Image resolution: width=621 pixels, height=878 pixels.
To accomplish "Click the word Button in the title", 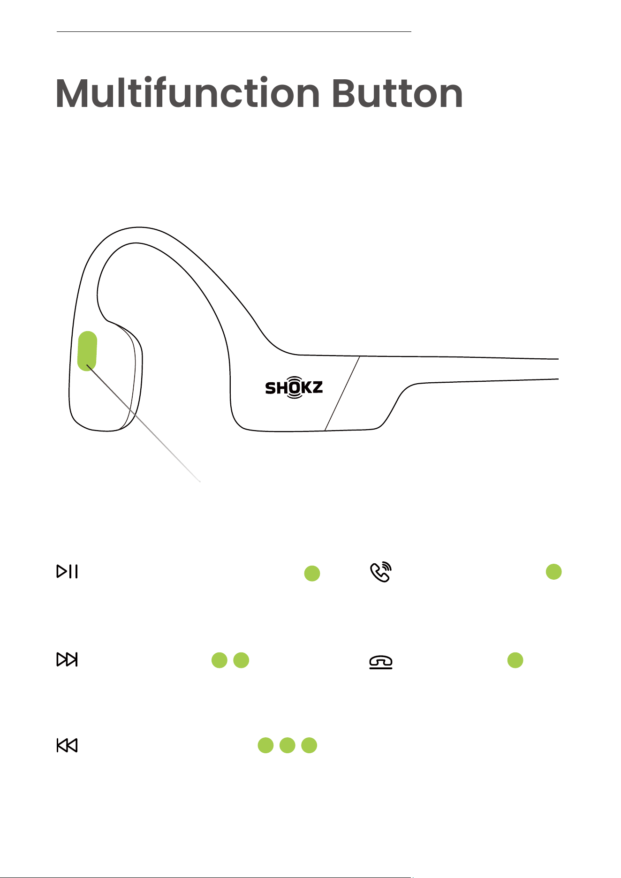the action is pyautogui.click(x=398, y=93).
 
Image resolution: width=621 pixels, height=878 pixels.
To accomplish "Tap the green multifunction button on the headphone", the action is pyautogui.click(x=87, y=351).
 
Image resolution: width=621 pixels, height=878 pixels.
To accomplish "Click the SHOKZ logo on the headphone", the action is pyautogui.click(x=294, y=387).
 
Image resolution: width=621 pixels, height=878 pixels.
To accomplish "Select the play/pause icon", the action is pyautogui.click(x=67, y=571).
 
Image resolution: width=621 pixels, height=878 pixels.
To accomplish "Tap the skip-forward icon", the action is pyautogui.click(x=67, y=659).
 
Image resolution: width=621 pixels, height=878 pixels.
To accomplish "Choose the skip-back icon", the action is pyautogui.click(x=67, y=745).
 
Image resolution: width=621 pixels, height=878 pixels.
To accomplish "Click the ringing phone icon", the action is pyautogui.click(x=381, y=572).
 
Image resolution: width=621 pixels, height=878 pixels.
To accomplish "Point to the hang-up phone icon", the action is pyautogui.click(x=381, y=662).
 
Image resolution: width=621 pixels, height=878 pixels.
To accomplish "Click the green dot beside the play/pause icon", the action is pyautogui.click(x=312, y=573).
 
